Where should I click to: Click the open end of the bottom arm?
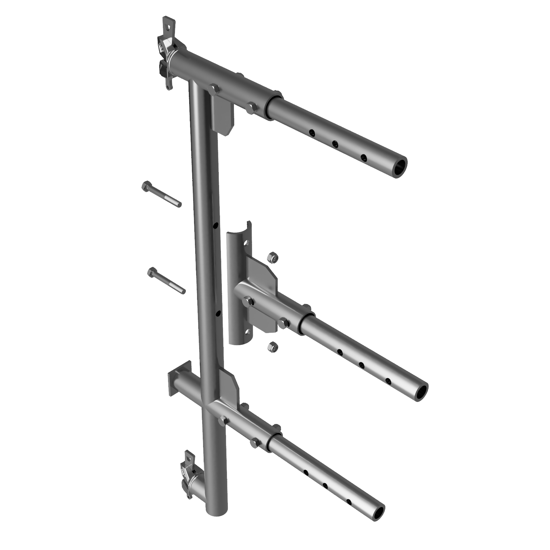click(x=377, y=512)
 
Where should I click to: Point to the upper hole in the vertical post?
click(x=215, y=225)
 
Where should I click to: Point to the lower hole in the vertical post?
click(x=218, y=314)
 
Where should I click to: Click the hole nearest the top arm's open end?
click(x=364, y=157)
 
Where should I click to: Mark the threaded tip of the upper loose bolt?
click(x=178, y=204)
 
